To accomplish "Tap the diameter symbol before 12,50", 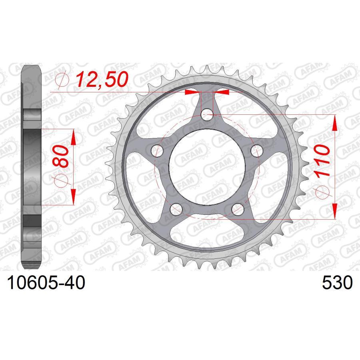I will (x=64, y=80).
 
